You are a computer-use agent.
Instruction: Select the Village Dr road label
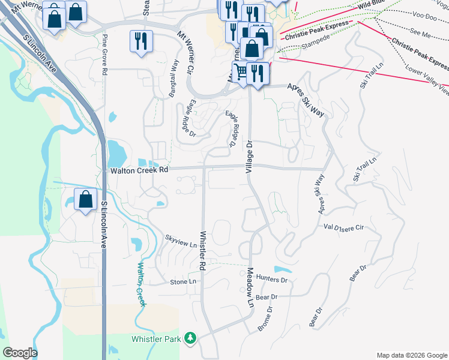coord(250,157)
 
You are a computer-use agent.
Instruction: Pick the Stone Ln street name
coord(183,281)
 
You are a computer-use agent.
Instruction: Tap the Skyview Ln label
coord(181,245)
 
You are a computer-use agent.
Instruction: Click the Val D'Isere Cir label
coord(344,227)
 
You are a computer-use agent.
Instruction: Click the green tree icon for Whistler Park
coord(191,339)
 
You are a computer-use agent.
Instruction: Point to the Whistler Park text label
coord(156,339)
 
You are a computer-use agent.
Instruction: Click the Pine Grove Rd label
coord(104,55)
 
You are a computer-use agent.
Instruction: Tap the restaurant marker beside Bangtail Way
coord(141,41)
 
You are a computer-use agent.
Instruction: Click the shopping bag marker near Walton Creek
coord(86,199)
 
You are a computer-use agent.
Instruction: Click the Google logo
coord(20,353)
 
